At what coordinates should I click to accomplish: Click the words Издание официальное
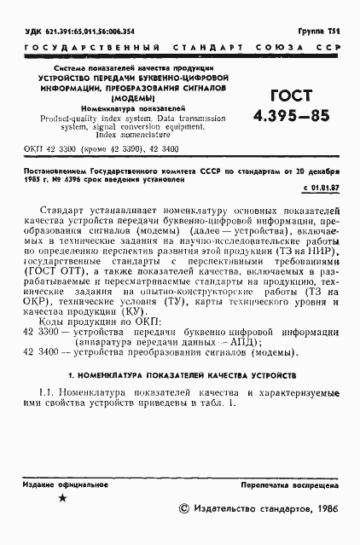59,483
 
